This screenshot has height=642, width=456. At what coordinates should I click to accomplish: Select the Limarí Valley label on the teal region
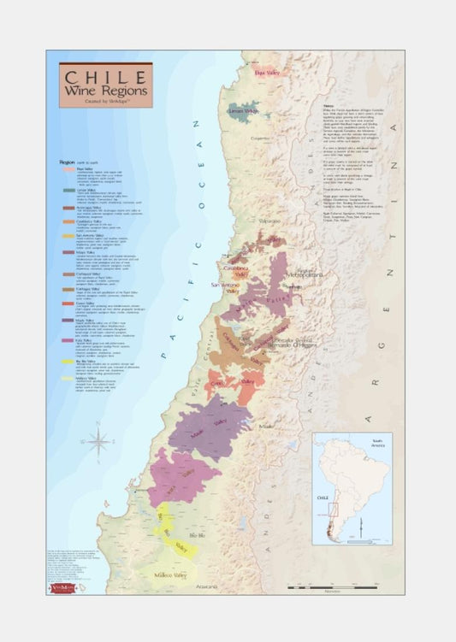(x=243, y=111)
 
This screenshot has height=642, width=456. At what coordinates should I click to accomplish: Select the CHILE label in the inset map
(x=324, y=495)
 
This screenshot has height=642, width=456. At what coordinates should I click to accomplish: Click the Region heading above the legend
(x=68, y=161)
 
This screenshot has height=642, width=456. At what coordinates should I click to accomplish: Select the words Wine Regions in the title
(x=104, y=90)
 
